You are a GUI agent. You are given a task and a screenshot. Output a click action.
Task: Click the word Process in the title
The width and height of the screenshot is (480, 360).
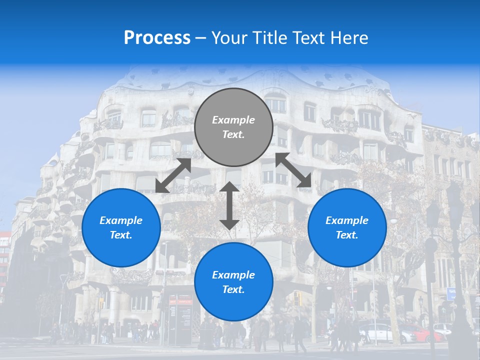tap(157, 38)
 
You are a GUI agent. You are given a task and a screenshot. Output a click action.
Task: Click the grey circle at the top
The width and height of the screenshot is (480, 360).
tap(233, 127)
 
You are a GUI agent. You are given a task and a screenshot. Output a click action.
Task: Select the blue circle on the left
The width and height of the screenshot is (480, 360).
tap(121, 228)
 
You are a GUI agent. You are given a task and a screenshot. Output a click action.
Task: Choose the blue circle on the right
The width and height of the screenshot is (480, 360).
tap(347, 228)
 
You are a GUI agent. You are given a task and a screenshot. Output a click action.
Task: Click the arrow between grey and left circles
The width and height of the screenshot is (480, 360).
tap(173, 175)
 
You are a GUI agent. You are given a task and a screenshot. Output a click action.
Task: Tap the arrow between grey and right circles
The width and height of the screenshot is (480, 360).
tap(293, 170)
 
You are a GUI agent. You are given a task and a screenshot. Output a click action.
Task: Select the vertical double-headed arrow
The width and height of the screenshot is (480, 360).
tap(229, 205)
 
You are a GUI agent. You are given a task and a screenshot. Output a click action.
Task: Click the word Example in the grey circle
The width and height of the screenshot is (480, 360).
tap(233, 120)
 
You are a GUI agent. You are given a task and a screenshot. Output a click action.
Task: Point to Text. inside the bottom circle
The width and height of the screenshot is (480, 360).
tap(233, 290)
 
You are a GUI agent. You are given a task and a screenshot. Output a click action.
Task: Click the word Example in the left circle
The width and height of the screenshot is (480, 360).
tap(121, 220)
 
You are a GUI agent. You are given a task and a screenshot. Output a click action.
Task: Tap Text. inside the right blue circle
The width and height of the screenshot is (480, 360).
tap(347, 235)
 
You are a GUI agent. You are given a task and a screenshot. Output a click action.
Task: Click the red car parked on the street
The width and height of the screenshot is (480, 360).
tap(424, 333)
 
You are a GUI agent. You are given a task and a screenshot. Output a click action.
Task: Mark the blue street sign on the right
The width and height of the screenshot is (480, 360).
tap(451, 294)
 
